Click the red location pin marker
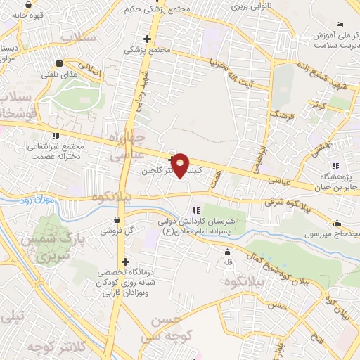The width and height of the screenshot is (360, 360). click(181, 165)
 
